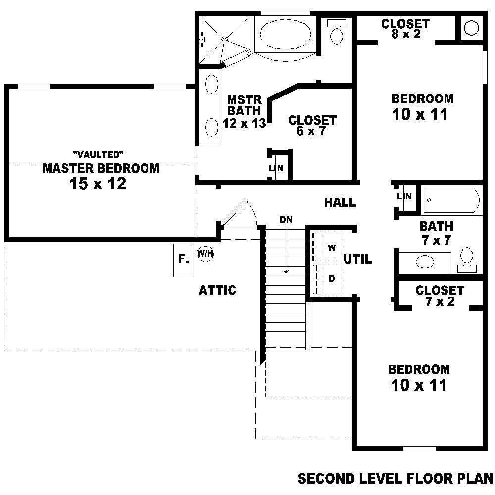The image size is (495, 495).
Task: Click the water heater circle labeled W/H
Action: (x=205, y=253)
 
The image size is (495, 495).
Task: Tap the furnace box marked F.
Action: (x=184, y=260)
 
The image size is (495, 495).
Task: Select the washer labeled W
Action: (x=332, y=247)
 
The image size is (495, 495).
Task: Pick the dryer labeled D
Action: (x=332, y=279)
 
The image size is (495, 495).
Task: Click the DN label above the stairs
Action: (x=286, y=219)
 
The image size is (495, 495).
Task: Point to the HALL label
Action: (x=340, y=202)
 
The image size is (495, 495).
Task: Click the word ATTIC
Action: (x=217, y=290)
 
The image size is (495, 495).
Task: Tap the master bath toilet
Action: (x=337, y=32)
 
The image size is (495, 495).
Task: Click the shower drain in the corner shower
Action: (x=224, y=40)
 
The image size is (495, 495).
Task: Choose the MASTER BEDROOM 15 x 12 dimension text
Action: (x=98, y=184)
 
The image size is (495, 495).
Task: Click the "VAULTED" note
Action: (x=98, y=154)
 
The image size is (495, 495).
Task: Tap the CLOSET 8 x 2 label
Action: (x=406, y=29)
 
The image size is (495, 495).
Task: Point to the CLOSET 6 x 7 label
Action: (x=312, y=125)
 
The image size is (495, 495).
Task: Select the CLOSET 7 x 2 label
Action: (x=440, y=296)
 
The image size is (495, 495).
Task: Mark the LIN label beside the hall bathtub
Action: (x=404, y=197)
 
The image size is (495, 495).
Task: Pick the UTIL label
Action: (x=358, y=259)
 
